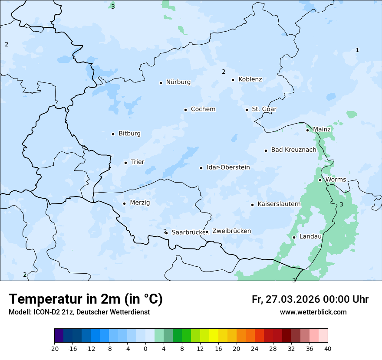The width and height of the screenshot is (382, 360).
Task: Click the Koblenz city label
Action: point(250,79)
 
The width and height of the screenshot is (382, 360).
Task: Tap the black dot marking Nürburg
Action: point(161,82)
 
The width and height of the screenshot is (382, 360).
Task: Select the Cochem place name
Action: point(203,109)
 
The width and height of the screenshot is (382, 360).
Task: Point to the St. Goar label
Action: point(264,109)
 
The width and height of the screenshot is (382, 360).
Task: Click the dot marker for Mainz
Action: point(307,130)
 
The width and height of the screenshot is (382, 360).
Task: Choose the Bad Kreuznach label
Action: point(293,150)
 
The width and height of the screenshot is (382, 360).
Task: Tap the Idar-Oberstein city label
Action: point(228,167)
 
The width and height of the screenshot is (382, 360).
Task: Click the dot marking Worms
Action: point(320,180)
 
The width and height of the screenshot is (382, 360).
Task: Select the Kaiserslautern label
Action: point(279,204)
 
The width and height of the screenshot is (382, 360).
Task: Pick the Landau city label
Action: point(310,237)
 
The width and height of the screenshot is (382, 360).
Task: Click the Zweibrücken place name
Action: point(231,231)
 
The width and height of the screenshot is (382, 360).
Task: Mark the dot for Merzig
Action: point(124,203)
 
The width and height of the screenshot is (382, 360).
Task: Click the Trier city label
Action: point(137,162)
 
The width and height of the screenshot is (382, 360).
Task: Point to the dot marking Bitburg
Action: point(113,134)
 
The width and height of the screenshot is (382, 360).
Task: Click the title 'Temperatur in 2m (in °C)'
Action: point(86,299)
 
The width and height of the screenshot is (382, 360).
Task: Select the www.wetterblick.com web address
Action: point(313,312)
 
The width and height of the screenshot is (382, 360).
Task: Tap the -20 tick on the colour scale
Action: point(54,348)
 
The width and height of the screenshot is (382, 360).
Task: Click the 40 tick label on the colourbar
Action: point(328,348)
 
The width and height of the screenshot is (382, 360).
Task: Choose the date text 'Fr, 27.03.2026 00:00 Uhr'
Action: point(310,300)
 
